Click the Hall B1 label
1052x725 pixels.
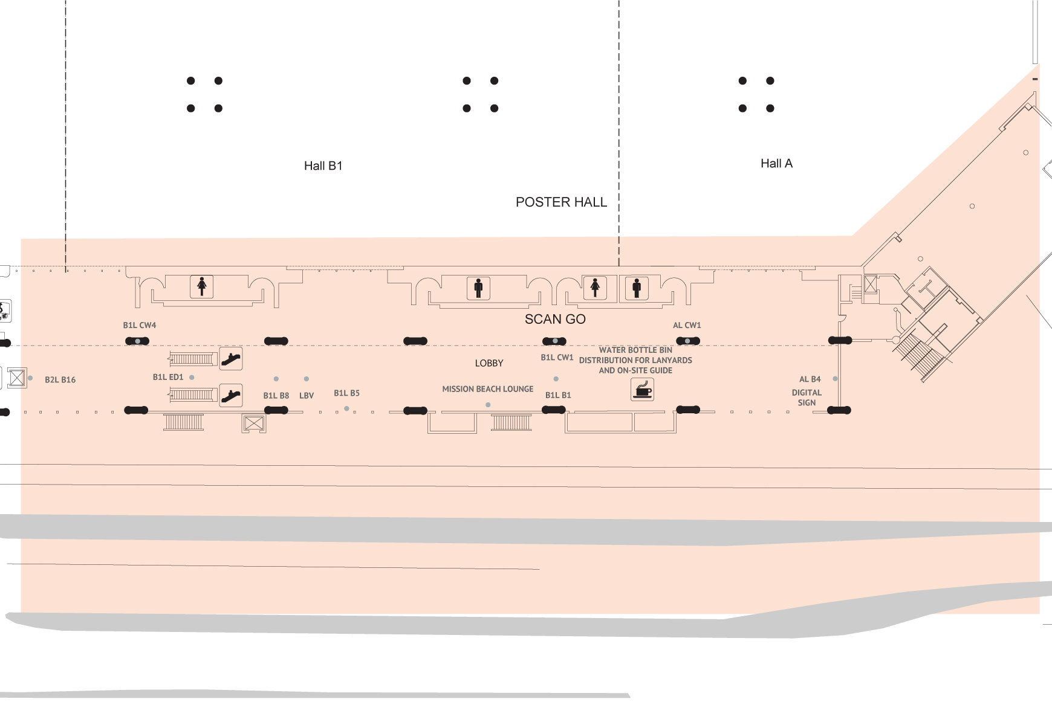point(323,166)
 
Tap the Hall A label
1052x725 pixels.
point(776,163)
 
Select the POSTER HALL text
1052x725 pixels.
point(561,202)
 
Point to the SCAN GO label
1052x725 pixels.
point(555,319)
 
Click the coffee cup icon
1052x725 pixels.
point(642,389)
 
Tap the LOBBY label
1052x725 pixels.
point(489,363)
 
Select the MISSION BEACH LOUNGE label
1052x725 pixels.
point(488,389)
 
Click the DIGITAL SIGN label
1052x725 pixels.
point(807,398)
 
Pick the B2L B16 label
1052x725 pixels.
point(60,379)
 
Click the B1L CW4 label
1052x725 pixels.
point(140,325)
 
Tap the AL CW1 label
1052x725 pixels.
point(687,325)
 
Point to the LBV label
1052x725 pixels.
point(307,396)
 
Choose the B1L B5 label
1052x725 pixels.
point(346,393)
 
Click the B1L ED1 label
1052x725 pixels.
point(168,377)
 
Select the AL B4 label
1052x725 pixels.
point(810,379)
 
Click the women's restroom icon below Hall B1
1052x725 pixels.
point(202,286)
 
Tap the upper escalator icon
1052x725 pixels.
point(230,358)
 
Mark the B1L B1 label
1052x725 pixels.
point(558,395)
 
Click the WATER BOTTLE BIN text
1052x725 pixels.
point(635,350)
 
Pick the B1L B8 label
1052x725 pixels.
point(276,396)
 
